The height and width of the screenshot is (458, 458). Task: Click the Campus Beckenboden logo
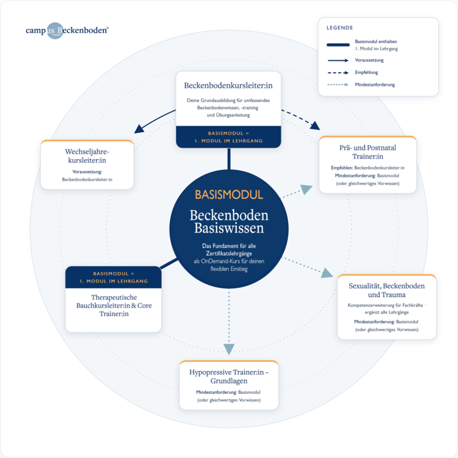pos(67,30)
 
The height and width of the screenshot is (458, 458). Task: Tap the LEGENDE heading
pos(340,27)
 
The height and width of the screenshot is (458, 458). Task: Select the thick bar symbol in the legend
pos(338,44)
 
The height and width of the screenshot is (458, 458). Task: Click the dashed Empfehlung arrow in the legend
pos(338,73)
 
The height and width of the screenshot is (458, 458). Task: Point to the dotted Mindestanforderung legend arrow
pos(338,84)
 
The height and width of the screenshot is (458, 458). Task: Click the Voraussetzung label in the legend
pos(369,60)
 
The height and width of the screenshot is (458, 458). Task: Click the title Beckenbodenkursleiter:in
pos(228,85)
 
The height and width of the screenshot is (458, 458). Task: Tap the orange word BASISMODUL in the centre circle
pos(229,195)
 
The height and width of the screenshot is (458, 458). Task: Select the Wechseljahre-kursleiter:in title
pos(87,156)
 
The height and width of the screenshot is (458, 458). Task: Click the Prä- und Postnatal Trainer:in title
pos(368,152)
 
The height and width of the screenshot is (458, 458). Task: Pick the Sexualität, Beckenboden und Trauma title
pos(387,290)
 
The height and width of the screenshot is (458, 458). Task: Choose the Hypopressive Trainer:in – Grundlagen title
pos(229,376)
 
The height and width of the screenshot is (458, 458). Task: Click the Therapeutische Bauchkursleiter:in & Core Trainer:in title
pos(114,306)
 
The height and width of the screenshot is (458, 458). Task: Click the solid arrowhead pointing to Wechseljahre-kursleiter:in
pos(139,129)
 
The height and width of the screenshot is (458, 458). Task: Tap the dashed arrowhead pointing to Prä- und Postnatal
pos(315,126)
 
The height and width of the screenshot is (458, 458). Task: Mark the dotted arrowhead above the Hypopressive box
pos(229,349)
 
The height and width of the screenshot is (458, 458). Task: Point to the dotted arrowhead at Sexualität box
pos(327,273)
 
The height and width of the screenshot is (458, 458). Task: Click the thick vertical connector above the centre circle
pos(229,159)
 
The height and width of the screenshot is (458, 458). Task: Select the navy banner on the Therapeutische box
pos(113,277)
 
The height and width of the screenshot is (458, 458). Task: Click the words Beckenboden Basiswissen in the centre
pos(229,222)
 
